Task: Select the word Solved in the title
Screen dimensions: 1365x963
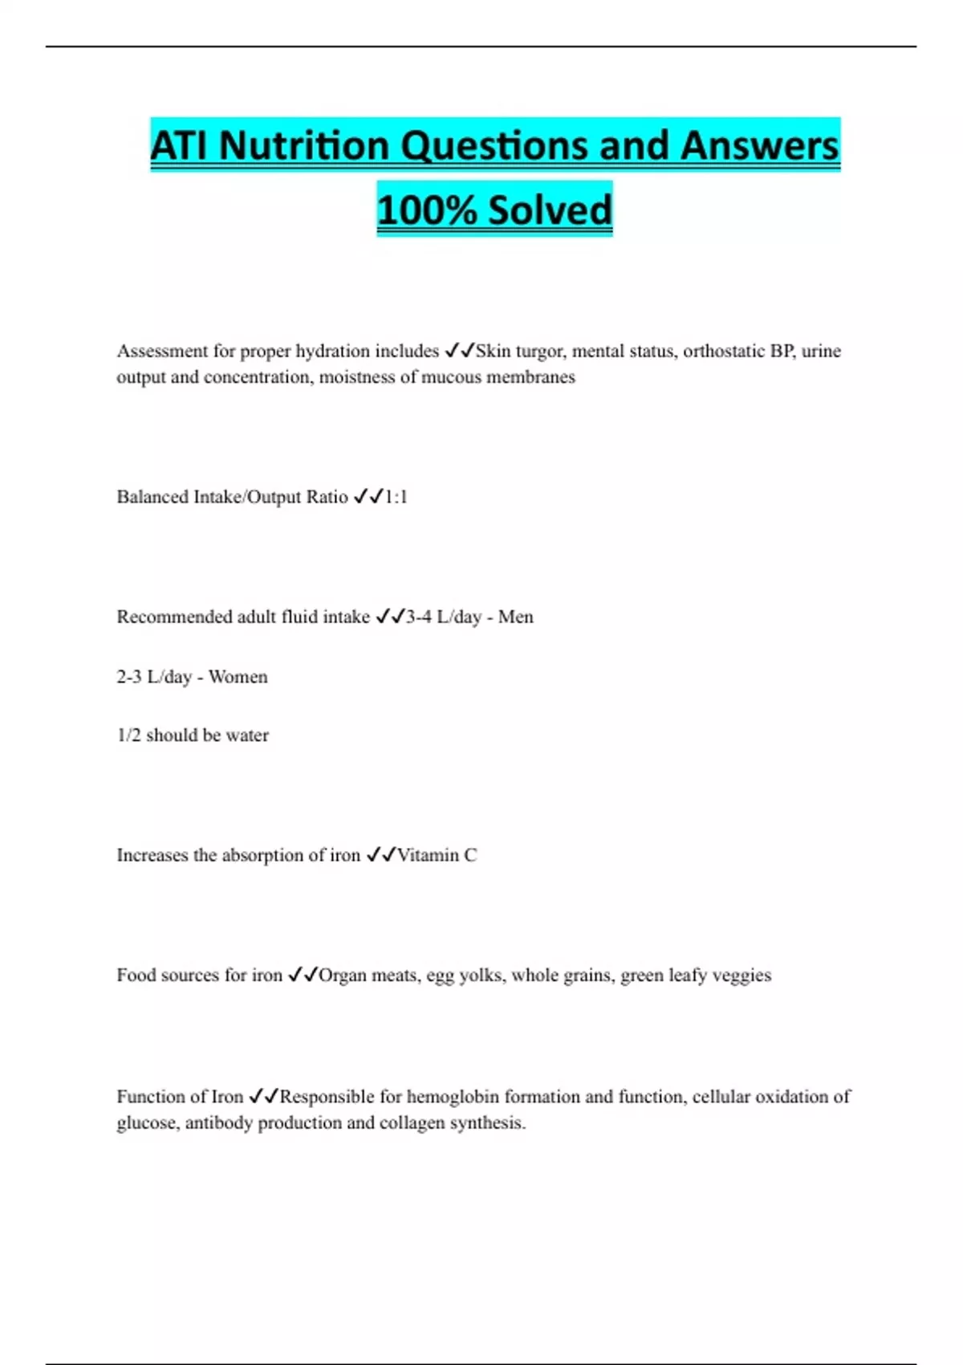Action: [x=550, y=210]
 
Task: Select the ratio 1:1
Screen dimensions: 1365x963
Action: [x=396, y=497]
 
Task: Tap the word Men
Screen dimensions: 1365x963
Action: [x=515, y=617]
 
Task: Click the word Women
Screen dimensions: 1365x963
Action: [x=238, y=677]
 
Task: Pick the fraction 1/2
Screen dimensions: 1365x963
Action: [x=128, y=735]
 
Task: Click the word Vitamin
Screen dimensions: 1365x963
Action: [x=428, y=855]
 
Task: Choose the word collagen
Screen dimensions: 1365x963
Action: [x=412, y=1123]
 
